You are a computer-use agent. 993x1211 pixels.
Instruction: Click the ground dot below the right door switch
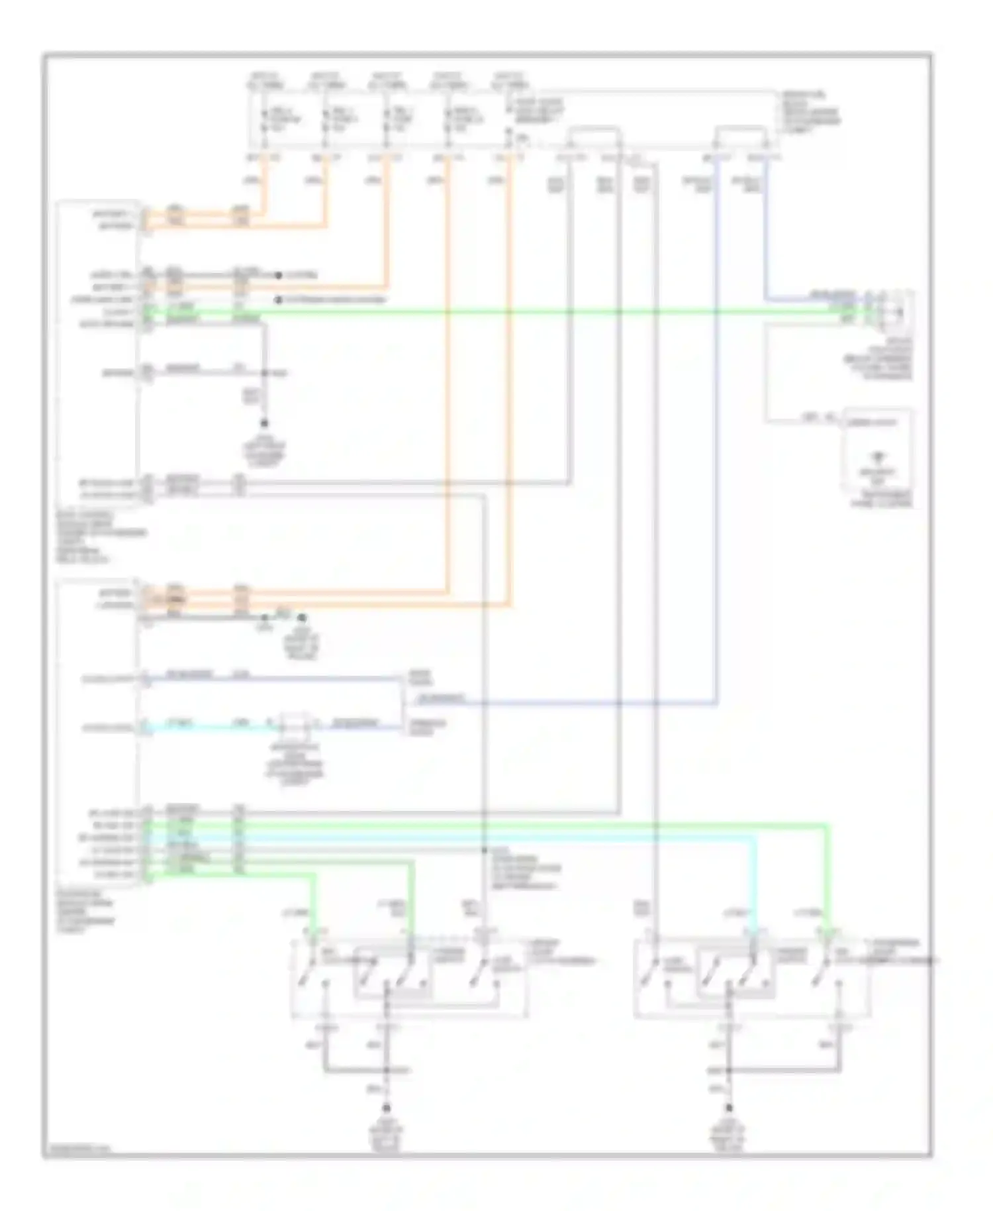729,1108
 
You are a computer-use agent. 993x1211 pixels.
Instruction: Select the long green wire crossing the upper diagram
503,311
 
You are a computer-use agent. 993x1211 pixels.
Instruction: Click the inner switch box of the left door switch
392,973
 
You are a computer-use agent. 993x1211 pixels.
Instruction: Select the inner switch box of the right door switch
735,973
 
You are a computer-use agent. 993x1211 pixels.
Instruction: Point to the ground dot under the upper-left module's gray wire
265,423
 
